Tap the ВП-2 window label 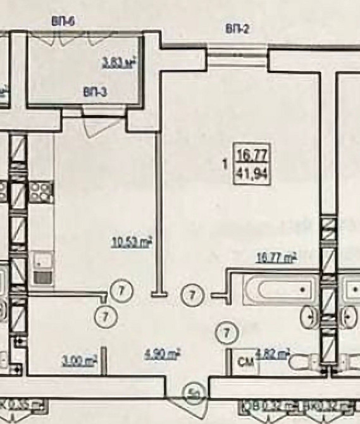[238, 28]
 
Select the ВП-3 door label [95, 93]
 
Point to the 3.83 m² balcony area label [120, 62]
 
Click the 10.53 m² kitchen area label [132, 242]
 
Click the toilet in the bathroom [304, 363]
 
